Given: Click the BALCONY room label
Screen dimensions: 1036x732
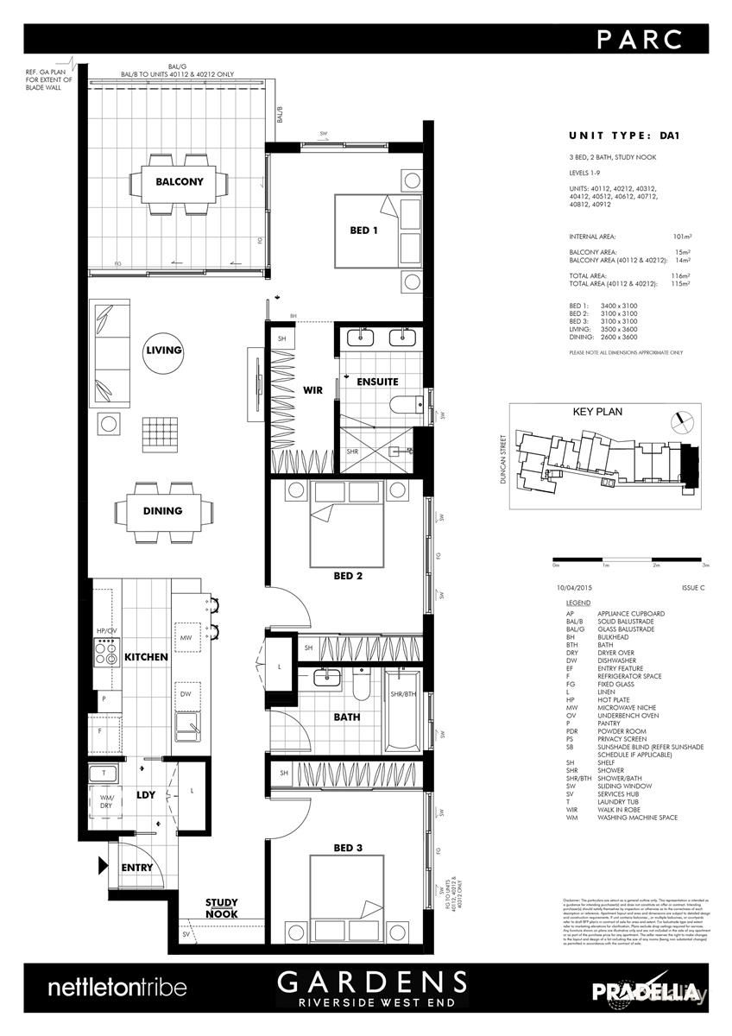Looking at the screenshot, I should [180, 182].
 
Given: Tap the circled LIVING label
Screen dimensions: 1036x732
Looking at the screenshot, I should [164, 351].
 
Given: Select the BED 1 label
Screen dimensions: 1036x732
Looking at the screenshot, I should [363, 231].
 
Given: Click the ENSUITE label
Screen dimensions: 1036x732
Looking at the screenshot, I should [377, 381].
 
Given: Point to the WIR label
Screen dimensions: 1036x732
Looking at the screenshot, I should [312, 390].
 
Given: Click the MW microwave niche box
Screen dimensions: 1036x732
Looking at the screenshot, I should [185, 639].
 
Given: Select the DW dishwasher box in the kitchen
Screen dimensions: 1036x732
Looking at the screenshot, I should [185, 693].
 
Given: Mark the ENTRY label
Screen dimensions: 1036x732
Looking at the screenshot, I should [136, 867].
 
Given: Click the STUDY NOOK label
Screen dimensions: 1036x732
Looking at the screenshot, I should [222, 908].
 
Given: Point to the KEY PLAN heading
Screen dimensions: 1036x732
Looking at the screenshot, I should [598, 413].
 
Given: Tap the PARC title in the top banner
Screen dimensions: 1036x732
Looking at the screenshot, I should [640, 39].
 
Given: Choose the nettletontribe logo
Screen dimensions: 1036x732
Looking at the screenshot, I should [116, 987].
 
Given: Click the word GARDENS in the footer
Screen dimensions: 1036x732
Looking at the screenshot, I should [372, 982].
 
